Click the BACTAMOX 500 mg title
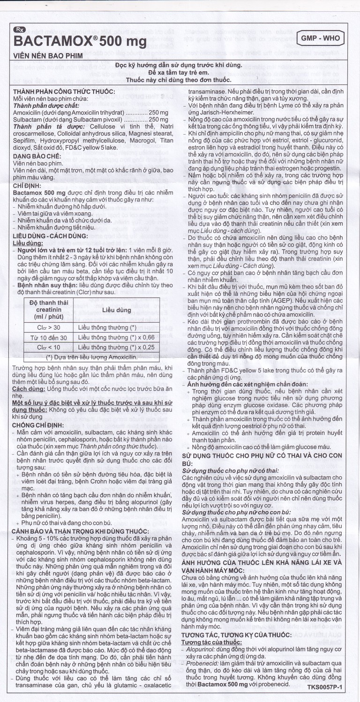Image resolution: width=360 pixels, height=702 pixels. point(80,41)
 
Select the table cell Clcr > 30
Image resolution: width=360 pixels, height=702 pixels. point(49,327)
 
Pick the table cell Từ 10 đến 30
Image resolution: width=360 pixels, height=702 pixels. point(49,337)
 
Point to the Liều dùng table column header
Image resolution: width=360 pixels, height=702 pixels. point(117,310)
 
